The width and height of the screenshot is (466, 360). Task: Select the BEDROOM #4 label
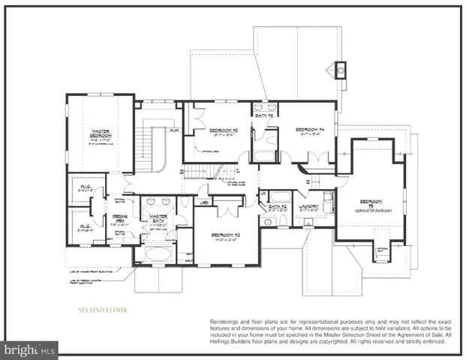[x=308, y=129]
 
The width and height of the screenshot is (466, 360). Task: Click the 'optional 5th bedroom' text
[x=369, y=206]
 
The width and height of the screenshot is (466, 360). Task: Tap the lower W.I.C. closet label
[x=83, y=228]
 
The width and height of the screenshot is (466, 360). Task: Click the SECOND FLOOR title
[x=103, y=310]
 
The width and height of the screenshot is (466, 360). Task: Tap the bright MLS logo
[x=29, y=349]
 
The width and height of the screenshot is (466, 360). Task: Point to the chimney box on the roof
[x=341, y=70]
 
